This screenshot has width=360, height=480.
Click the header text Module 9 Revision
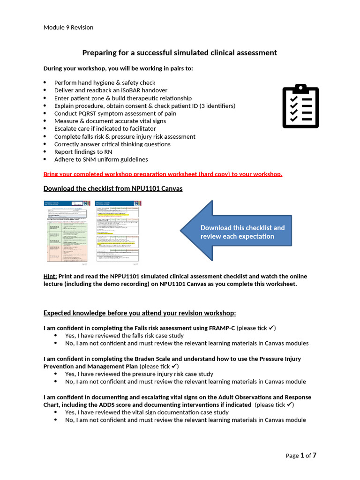coord(68,27)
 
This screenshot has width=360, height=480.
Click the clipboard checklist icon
coord(300,106)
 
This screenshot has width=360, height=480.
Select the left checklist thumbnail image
coord(67,231)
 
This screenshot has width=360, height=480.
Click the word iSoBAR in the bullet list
coord(116,90)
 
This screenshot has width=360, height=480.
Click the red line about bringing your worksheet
coord(163,174)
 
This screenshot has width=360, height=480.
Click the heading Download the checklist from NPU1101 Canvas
coord(112,188)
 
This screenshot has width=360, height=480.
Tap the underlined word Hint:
coord(50,277)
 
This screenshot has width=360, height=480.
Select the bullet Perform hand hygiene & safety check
coord(105,82)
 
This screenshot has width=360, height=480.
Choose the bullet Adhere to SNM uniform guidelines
coord(101,159)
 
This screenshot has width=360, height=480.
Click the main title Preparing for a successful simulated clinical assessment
coord(180,52)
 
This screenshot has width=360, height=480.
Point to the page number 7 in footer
coord(315,455)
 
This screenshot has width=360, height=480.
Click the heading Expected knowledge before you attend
coord(140,313)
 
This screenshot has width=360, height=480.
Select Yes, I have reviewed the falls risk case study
coord(124,336)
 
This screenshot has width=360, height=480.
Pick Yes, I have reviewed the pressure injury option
coord(139,374)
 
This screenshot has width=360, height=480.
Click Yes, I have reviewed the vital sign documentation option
coord(147,412)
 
